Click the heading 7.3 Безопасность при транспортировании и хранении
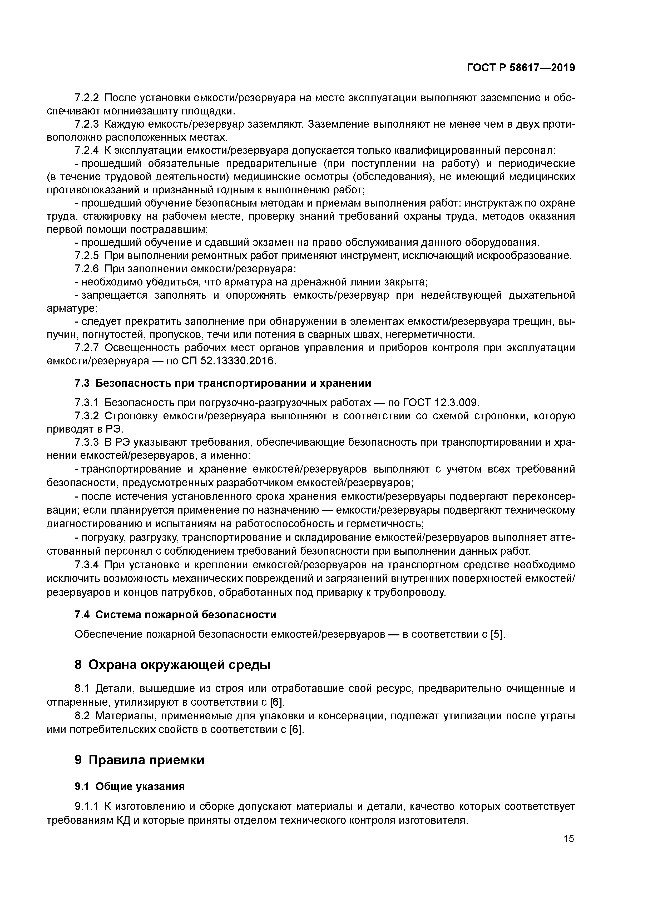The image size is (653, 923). coord(223,383)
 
